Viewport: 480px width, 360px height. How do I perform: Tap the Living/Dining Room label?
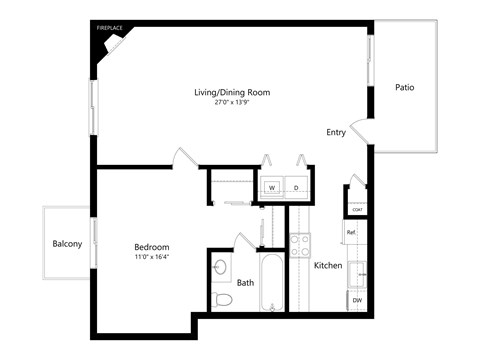pos(232,92)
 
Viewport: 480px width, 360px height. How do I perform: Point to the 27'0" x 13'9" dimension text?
pos(232,103)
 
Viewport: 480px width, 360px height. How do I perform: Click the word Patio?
pos(405,88)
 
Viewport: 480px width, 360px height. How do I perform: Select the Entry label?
pos(336,132)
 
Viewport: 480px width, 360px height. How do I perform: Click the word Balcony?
pos(68,244)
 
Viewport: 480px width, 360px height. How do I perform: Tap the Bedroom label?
pos(152,247)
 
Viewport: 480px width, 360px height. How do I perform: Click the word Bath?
pos(246,283)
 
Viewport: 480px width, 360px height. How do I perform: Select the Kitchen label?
pos(329,266)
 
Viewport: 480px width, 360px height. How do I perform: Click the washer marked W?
pos(271,187)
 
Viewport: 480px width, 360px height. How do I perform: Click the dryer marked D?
pos(297,187)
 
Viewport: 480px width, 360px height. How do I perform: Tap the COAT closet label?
pos(356,209)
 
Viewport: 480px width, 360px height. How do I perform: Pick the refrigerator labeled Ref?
pos(352,233)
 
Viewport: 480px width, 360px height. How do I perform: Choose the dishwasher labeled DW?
pos(357,300)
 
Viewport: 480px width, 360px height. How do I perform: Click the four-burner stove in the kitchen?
pos(299,245)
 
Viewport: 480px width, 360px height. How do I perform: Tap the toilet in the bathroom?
pos(222,299)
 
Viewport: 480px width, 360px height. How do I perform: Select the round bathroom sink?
pos(220,267)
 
